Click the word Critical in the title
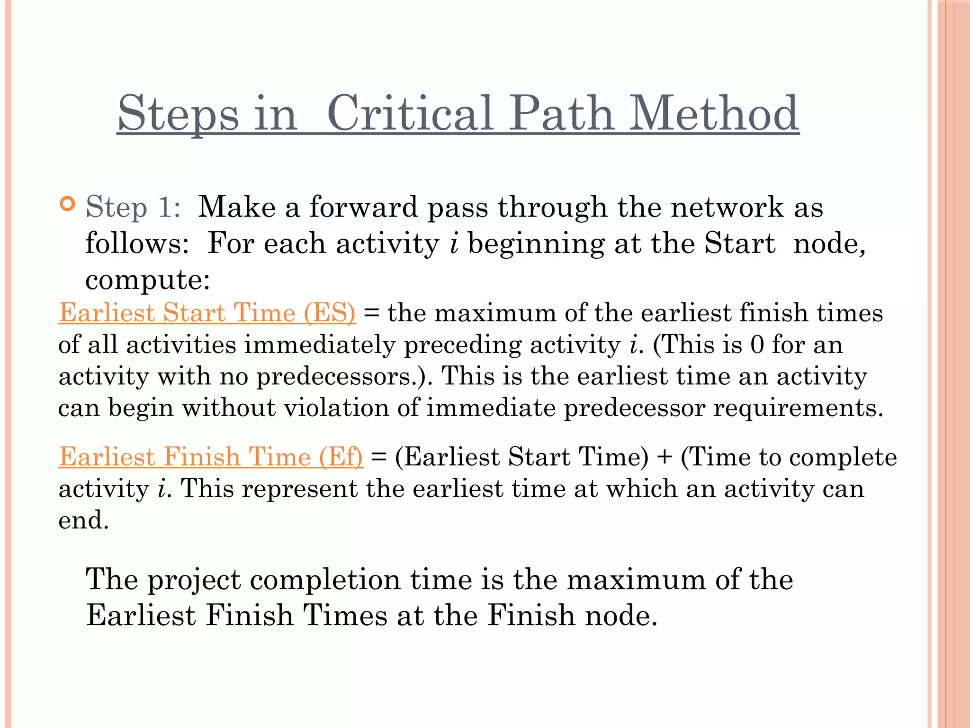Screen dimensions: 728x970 (x=410, y=114)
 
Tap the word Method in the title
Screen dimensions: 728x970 (x=713, y=114)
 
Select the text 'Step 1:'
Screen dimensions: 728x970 (x=133, y=208)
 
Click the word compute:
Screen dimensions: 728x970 (x=148, y=280)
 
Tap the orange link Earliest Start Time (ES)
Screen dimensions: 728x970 (x=207, y=313)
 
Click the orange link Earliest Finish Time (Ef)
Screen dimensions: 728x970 (x=211, y=457)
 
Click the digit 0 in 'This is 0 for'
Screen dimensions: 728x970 (x=757, y=345)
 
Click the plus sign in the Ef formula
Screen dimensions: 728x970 (x=665, y=457)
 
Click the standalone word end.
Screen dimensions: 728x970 (x=83, y=520)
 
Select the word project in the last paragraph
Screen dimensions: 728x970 (x=195, y=580)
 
